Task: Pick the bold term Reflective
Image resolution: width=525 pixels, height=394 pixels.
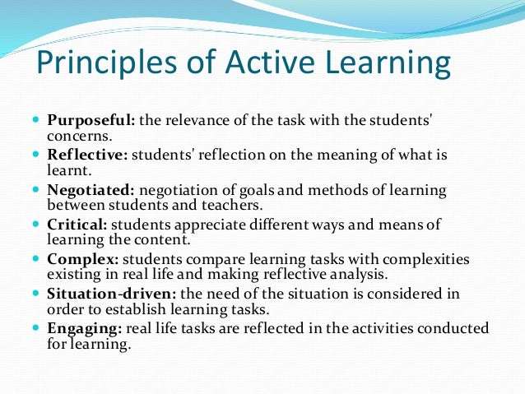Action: (86, 155)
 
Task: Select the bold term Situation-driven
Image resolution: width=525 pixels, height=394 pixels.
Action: (103, 294)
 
